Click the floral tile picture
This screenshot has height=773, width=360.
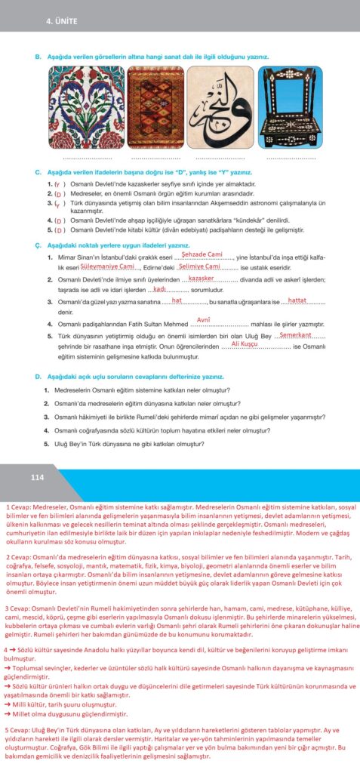point(85,108)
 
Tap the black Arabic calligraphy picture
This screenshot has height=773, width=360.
point(223,108)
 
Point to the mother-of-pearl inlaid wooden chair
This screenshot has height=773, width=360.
point(289,108)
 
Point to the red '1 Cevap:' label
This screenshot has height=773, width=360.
point(19,508)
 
